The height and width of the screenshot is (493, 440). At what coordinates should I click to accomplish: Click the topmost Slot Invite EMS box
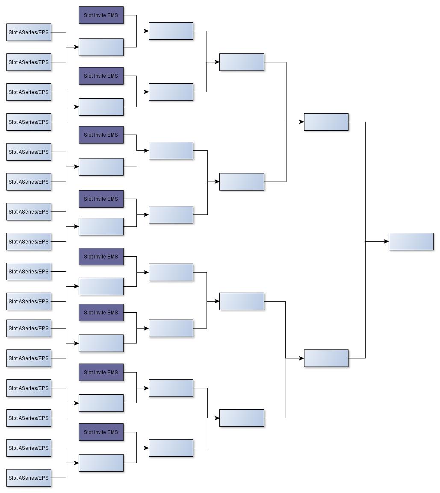(101, 15)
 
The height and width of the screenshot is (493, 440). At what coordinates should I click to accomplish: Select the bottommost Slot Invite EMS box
(101, 432)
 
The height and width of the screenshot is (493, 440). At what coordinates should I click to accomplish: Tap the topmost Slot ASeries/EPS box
(29, 32)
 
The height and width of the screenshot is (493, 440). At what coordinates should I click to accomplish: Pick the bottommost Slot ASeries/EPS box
(29, 478)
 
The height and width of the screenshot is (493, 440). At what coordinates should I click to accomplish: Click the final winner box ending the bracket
(411, 242)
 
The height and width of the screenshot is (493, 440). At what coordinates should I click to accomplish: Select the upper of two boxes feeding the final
(326, 122)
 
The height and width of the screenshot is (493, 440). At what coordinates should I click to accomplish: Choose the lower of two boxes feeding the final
(326, 358)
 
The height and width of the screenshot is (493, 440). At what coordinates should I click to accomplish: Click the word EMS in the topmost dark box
(112, 15)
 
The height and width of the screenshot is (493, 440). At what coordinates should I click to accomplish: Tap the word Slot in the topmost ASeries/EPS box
(13, 32)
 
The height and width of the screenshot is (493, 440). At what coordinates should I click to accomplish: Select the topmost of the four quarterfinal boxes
(242, 62)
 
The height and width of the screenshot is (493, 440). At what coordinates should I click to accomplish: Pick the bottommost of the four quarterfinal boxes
(242, 418)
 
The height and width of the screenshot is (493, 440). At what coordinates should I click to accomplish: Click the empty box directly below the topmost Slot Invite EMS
(101, 47)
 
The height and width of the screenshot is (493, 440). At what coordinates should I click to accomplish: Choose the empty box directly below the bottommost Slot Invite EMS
(101, 463)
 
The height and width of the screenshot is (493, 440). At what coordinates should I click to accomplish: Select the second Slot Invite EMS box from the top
(101, 76)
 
